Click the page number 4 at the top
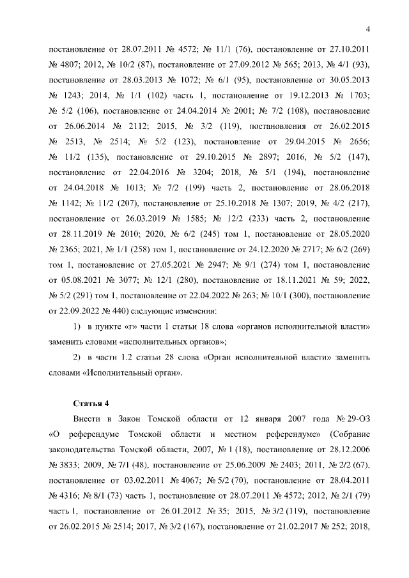click(369, 27)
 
